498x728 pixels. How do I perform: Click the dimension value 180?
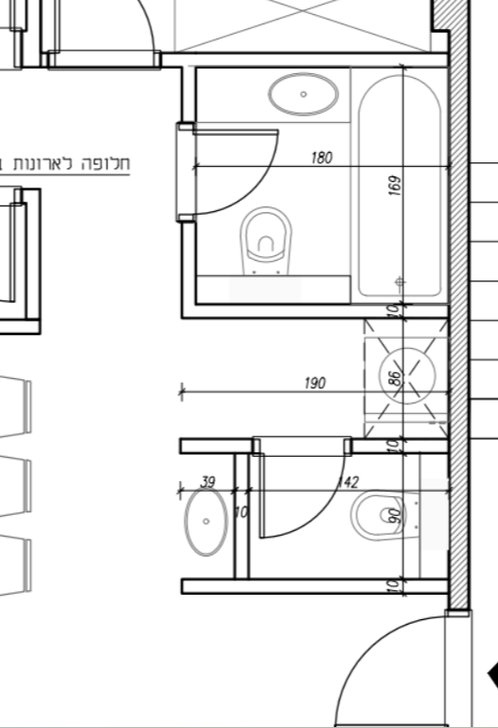click(x=321, y=158)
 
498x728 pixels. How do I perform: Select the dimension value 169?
click(x=395, y=185)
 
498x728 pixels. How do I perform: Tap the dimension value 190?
click(x=315, y=384)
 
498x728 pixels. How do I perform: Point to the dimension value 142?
click(x=348, y=482)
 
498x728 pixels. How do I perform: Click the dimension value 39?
click(x=208, y=482)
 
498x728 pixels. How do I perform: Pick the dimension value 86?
click(x=394, y=378)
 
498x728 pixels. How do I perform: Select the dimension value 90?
click(x=395, y=515)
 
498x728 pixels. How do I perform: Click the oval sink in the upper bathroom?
click(x=303, y=94)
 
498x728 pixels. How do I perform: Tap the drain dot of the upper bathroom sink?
click(x=303, y=94)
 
